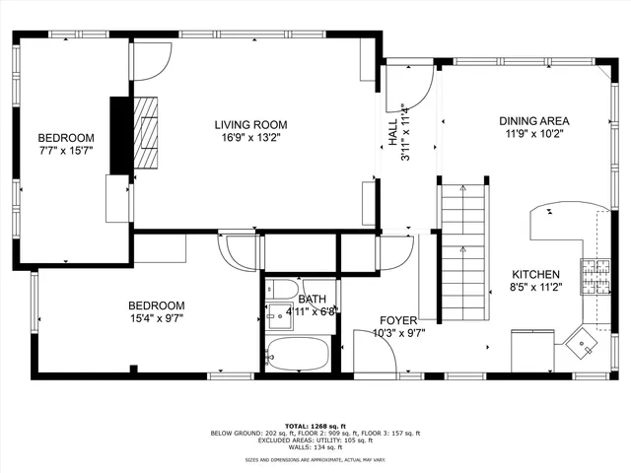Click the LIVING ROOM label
250,124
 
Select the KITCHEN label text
535,275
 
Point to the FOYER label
399,321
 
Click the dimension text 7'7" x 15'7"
66,151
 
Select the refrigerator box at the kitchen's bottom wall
530,351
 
